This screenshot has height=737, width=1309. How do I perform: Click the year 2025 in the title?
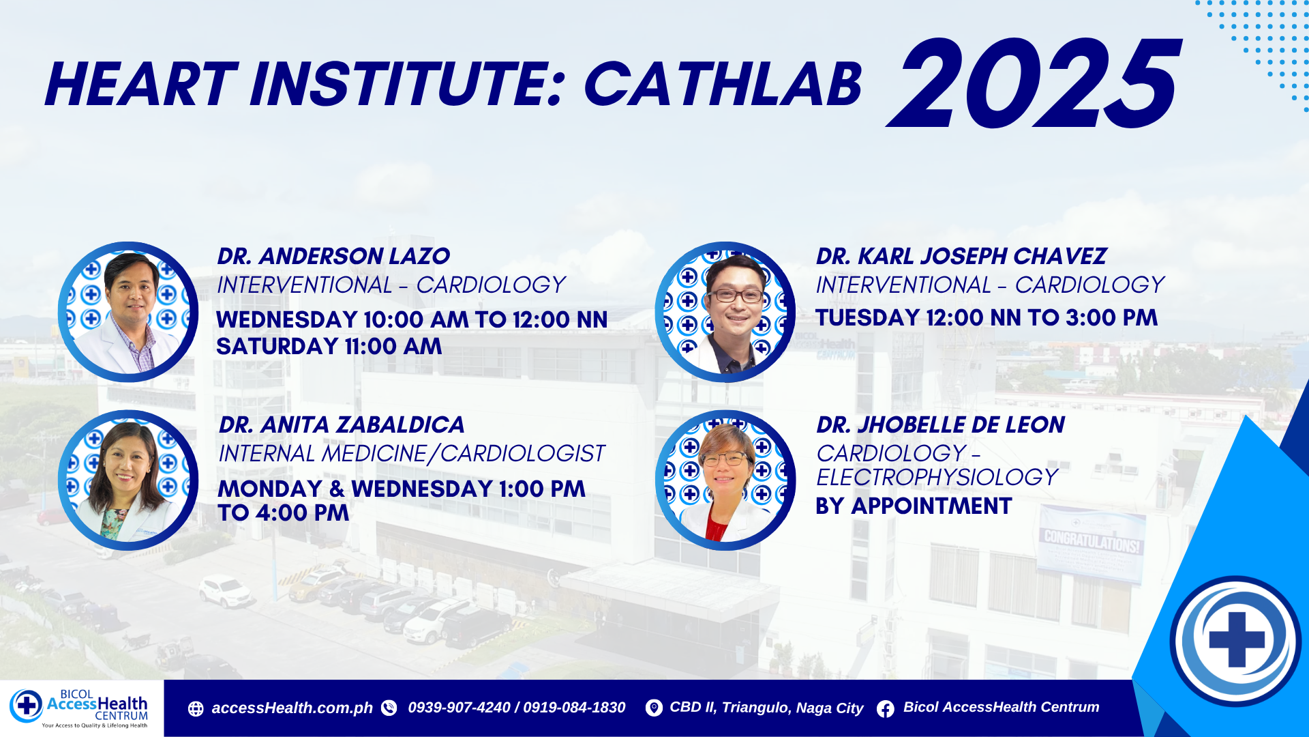click(x=1033, y=83)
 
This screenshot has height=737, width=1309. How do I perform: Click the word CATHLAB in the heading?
click(x=723, y=85)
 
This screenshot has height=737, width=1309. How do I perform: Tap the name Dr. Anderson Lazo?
click(x=333, y=256)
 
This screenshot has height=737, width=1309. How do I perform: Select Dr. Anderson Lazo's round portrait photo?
click(x=128, y=312)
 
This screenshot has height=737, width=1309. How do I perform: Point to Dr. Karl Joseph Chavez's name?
click(x=961, y=256)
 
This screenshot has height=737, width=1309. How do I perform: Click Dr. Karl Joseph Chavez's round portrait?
click(x=725, y=312)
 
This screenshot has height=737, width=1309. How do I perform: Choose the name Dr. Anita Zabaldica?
click(x=342, y=424)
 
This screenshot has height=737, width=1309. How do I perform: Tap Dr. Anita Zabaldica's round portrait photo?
click(x=128, y=480)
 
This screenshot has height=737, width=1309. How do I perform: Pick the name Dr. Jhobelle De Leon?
click(x=941, y=424)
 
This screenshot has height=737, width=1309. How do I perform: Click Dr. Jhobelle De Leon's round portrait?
click(x=725, y=480)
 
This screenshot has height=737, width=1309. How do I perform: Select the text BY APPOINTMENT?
click(x=914, y=506)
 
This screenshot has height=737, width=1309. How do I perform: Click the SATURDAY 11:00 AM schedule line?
click(x=329, y=347)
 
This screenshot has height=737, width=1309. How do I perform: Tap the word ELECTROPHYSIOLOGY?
click(x=937, y=478)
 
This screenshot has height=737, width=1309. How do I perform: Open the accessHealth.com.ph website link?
click(x=292, y=708)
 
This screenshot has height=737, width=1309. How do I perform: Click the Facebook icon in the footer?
click(x=886, y=709)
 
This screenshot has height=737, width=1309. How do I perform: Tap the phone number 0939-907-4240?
click(x=459, y=708)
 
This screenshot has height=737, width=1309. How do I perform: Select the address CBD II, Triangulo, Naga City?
click(x=766, y=708)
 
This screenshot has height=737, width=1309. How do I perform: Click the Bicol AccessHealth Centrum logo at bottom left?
click(x=79, y=708)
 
